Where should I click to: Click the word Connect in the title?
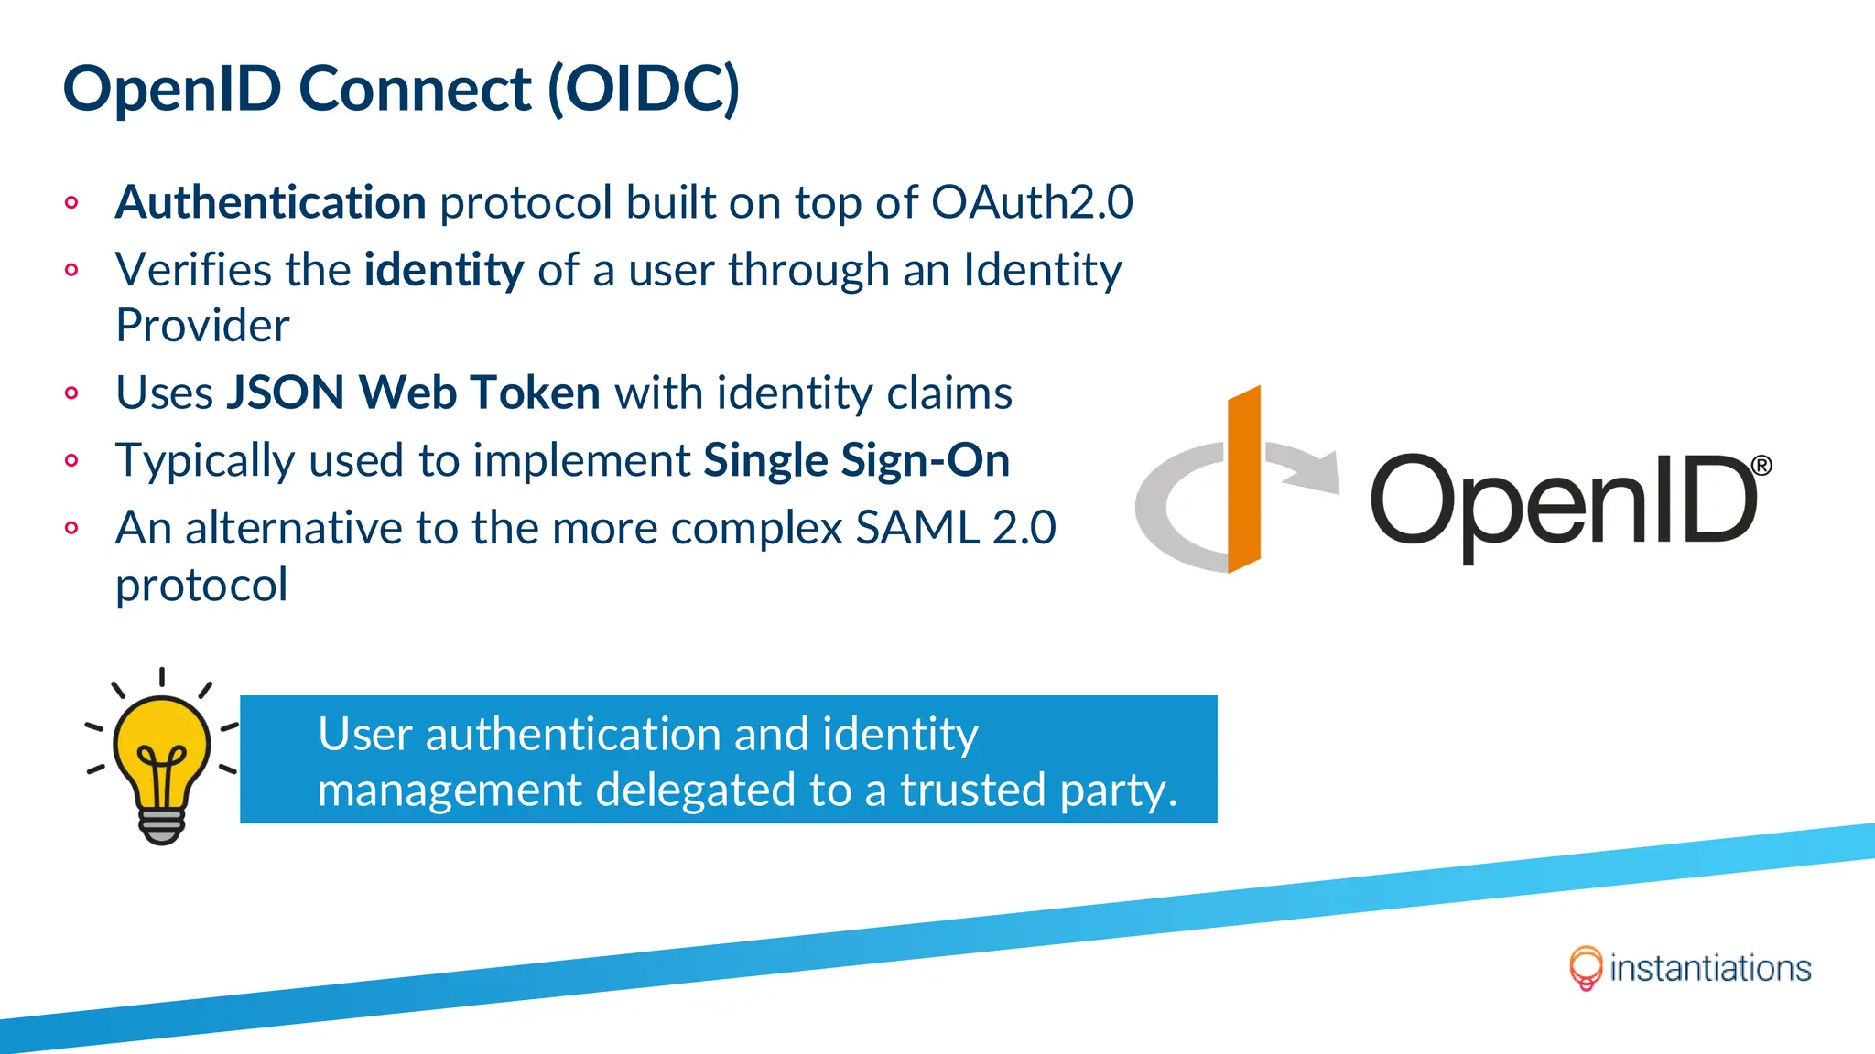point(415,89)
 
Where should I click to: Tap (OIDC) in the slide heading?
point(644,90)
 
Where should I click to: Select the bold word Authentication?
point(270,202)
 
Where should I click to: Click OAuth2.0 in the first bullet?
point(1032,202)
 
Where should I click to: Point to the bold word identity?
point(444,270)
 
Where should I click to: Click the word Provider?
point(202,326)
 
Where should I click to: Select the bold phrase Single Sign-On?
point(856,460)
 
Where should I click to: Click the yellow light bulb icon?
point(162,746)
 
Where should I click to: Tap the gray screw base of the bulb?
point(162,825)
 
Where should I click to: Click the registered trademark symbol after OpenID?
point(1761,466)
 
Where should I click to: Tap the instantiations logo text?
point(1709,968)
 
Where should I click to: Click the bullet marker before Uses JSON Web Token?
point(71,393)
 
